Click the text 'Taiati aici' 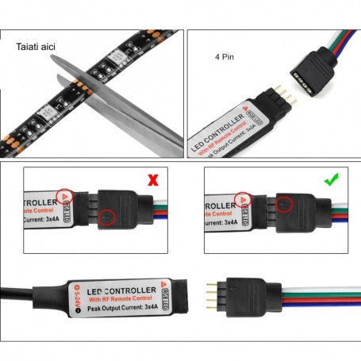click(36, 48)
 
